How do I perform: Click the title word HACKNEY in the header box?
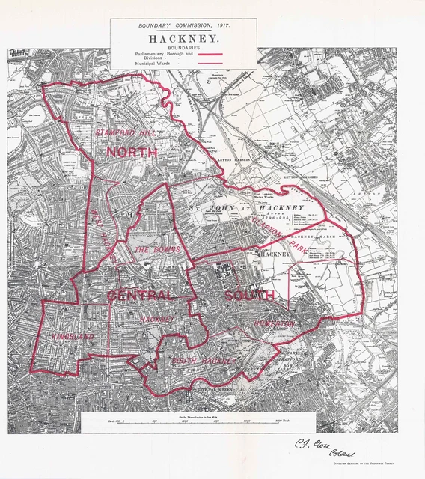click(183, 37)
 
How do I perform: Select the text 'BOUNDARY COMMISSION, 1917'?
click(183, 25)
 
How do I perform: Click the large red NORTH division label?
click(132, 152)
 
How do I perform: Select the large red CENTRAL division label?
click(141, 296)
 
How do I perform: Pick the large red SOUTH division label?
click(249, 296)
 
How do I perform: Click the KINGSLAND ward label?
click(73, 336)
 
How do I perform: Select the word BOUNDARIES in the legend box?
click(183, 46)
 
